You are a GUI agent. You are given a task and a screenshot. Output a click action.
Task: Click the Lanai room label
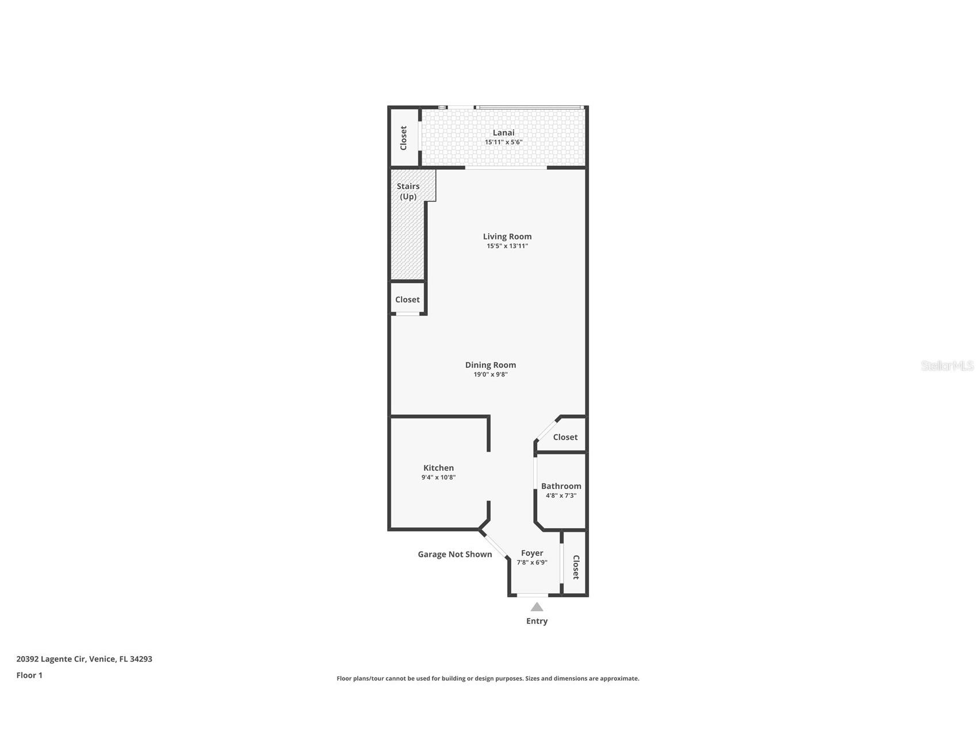click(503, 133)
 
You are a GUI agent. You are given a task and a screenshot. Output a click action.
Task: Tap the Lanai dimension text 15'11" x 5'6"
click(503, 142)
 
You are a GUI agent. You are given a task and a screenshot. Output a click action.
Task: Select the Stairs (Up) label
click(408, 191)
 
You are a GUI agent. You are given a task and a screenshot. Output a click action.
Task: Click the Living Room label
click(507, 237)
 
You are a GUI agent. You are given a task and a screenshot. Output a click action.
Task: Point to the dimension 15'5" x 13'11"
click(507, 246)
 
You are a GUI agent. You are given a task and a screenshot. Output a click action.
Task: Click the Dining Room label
click(490, 365)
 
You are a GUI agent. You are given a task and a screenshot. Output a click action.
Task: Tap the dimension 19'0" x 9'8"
click(490, 375)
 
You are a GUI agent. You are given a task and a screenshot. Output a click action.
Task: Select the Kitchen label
click(438, 468)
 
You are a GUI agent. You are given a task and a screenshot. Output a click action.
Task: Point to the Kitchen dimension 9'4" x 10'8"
click(438, 478)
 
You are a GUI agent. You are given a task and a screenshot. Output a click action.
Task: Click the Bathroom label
click(561, 486)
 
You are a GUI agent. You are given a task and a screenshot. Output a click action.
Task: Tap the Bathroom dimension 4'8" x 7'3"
click(561, 495)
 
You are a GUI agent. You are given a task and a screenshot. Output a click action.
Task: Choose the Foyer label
click(531, 553)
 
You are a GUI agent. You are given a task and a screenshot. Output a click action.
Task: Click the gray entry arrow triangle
click(537, 607)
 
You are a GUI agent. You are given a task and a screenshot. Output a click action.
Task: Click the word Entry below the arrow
click(537, 621)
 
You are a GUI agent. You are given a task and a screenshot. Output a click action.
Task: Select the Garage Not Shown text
click(454, 554)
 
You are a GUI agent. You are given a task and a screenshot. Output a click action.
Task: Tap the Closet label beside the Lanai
click(403, 138)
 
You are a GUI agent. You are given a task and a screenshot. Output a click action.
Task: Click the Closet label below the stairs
click(407, 300)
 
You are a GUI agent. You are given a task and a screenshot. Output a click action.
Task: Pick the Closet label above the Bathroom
click(565, 437)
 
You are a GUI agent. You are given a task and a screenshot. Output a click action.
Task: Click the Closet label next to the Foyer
click(575, 567)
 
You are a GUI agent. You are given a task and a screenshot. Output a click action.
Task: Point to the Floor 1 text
click(29, 676)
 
